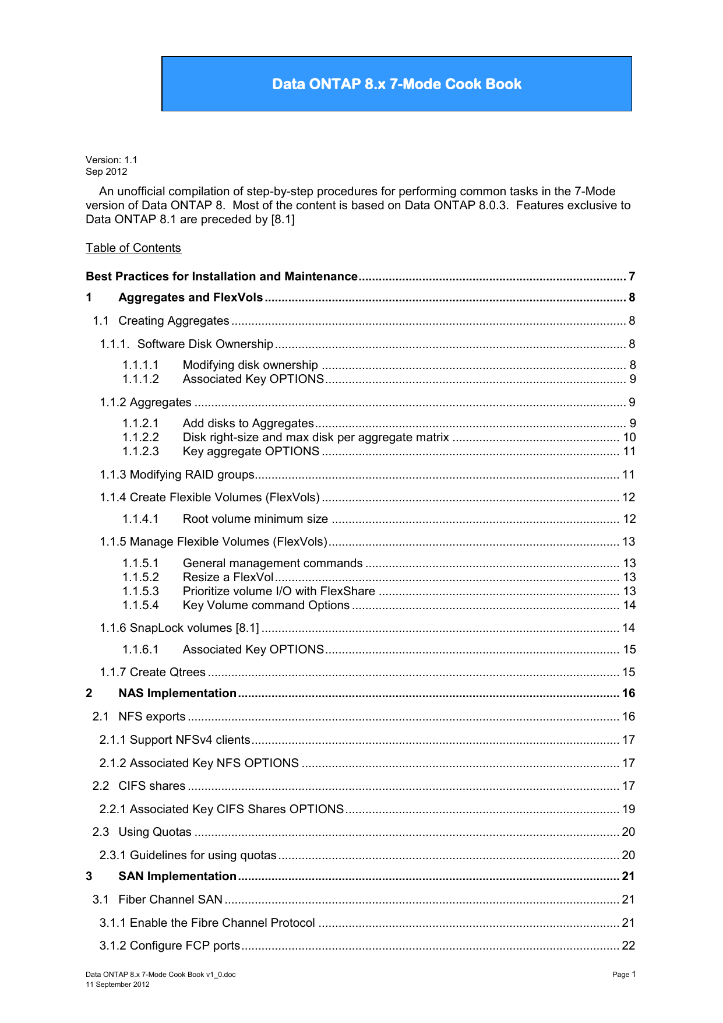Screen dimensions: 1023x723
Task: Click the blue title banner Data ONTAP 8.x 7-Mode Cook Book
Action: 397,84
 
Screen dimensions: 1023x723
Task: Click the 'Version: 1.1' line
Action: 111,160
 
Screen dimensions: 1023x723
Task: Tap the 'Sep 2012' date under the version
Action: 106,171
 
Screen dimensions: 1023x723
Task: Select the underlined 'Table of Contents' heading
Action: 133,248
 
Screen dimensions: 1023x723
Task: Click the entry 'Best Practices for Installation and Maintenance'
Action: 221,276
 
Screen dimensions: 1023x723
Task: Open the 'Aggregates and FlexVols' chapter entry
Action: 191,297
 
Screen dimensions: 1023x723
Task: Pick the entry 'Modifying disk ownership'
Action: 250,365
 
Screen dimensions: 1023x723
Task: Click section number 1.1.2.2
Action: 140,437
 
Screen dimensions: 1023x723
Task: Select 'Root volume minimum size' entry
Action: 255,519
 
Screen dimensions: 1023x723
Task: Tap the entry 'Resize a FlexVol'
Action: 228,577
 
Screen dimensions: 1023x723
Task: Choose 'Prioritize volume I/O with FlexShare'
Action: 278,591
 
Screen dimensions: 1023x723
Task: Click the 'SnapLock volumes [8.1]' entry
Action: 179,628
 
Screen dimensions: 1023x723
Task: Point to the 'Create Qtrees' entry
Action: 153,672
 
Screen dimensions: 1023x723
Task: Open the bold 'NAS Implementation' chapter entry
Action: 177,693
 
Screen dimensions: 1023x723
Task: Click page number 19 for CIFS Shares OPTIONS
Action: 629,809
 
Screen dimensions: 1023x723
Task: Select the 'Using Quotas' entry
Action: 154,832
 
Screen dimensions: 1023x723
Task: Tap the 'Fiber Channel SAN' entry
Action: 170,899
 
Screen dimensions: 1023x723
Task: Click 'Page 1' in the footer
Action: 624,974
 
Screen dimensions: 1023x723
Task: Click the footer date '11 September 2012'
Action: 118,985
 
